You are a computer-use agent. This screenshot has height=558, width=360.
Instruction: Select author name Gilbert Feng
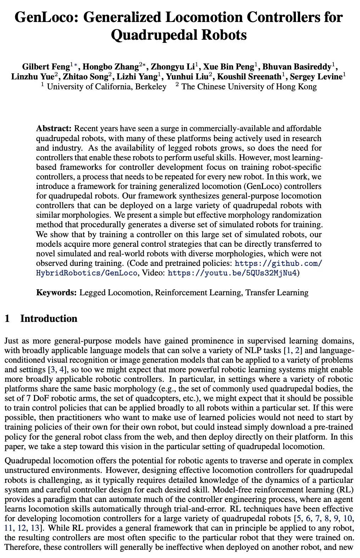click(46, 67)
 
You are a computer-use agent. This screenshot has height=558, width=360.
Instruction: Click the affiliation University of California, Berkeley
click(106, 87)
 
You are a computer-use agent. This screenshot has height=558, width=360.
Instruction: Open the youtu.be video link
click(232, 273)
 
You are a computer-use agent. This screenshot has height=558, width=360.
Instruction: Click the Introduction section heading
click(49, 318)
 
